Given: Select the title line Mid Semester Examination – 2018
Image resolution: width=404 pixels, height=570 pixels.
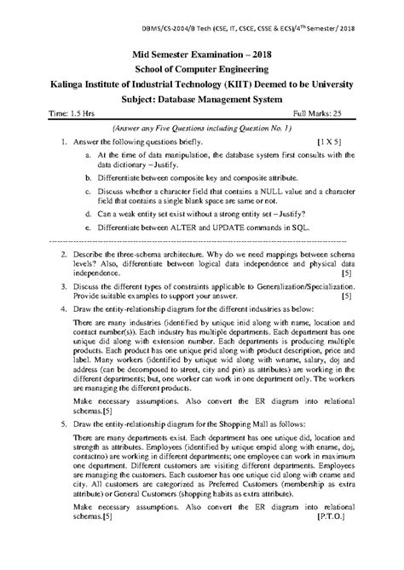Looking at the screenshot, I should coord(201,53).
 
